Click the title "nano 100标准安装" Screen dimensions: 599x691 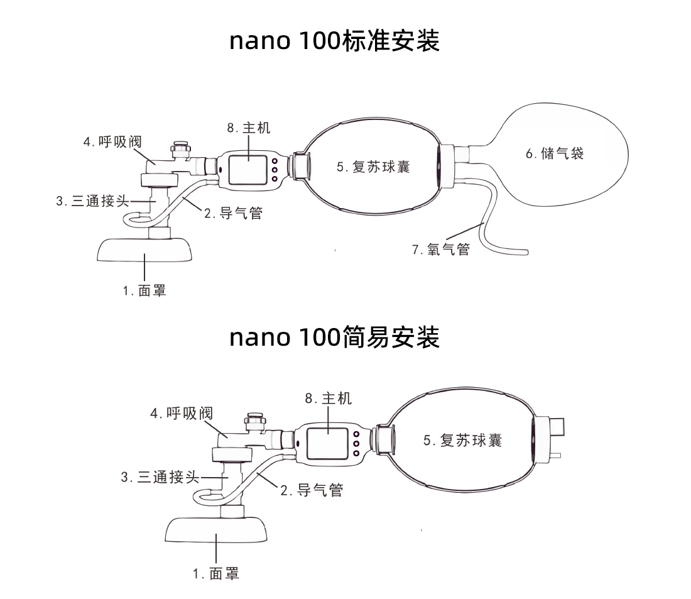point(334,41)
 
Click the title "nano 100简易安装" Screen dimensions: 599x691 point(334,337)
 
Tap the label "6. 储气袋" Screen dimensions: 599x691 point(555,153)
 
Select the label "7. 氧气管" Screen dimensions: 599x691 point(441,250)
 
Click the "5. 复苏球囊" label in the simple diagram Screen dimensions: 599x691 point(462,440)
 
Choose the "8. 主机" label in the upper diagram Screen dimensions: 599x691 point(248,128)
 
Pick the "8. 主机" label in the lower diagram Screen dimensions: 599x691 point(328,398)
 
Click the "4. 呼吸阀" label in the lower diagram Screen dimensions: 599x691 point(182,414)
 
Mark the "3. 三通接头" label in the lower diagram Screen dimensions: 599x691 point(160,478)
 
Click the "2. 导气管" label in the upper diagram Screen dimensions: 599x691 point(232,214)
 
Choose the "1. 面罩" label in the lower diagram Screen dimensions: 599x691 point(216,573)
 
